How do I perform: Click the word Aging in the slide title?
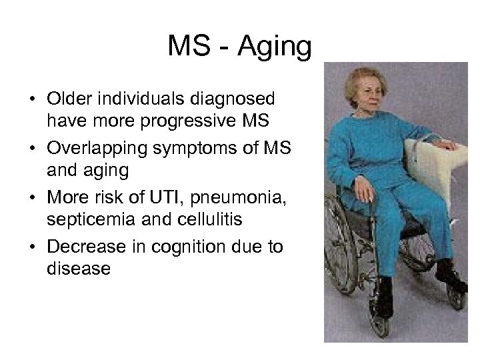tap(274, 47)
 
